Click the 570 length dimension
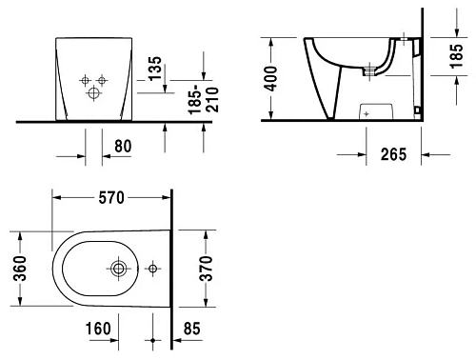[111, 198]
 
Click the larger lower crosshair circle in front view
[93, 94]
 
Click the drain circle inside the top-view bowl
[121, 270]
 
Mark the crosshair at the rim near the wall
[403, 42]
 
